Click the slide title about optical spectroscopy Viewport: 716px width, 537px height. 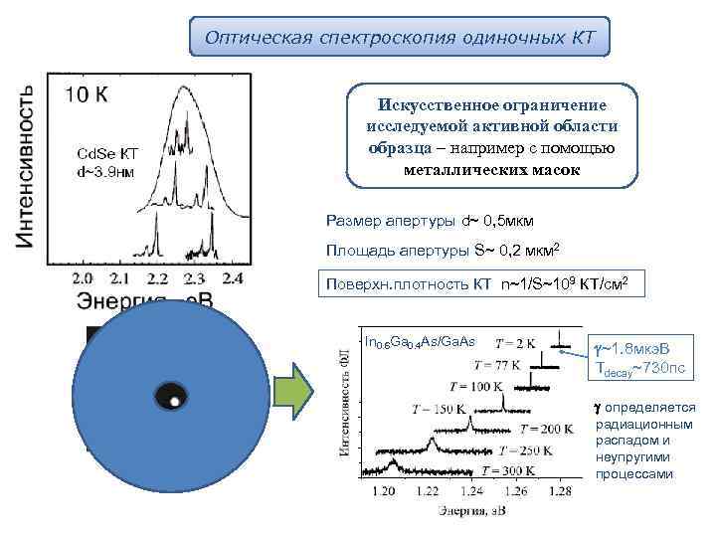click(400, 37)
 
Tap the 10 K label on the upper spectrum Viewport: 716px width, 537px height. click(89, 95)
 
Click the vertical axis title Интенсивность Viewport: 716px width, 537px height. click(27, 165)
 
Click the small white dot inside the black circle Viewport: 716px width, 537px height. click(174, 402)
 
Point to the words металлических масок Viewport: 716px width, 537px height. click(491, 169)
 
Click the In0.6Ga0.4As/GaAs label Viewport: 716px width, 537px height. click(421, 342)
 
